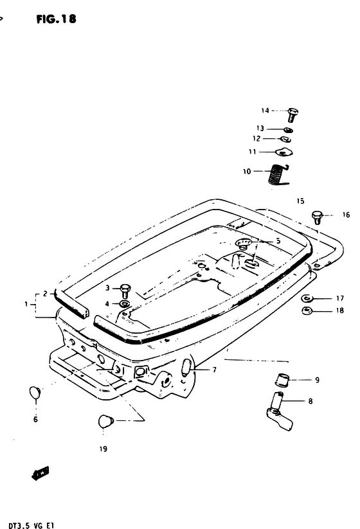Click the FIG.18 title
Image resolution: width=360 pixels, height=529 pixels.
tap(57, 19)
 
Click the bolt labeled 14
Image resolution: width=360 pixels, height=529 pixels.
tap(292, 114)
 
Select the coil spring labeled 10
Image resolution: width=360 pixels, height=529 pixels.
tap(279, 175)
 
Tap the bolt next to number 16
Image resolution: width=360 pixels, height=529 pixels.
tap(317, 217)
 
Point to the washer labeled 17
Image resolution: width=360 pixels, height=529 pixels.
tap(307, 298)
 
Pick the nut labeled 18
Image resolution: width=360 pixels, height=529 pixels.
tap(307, 311)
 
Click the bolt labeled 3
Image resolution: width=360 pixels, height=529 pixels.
tap(125, 291)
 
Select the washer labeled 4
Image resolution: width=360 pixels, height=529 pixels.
tap(125, 304)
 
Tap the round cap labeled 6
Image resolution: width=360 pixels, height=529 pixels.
tap(35, 392)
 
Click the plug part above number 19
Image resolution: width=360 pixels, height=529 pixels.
tap(106, 422)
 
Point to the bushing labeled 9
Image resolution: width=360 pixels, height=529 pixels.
tap(283, 381)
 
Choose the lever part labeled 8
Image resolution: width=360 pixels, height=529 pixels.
tap(280, 412)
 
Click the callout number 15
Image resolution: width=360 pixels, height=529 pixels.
tap(300, 201)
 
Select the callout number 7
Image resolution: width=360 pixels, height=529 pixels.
tap(214, 370)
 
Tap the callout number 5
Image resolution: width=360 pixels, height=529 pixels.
tap(278, 242)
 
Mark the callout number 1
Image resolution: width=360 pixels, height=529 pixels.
tap(26, 304)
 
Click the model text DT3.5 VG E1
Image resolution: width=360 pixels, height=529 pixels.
tap(31, 526)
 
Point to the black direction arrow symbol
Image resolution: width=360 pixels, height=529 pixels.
tap(40, 473)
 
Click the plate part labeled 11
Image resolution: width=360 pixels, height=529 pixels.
tap(283, 152)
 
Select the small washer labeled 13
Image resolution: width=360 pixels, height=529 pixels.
tap(288, 130)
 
